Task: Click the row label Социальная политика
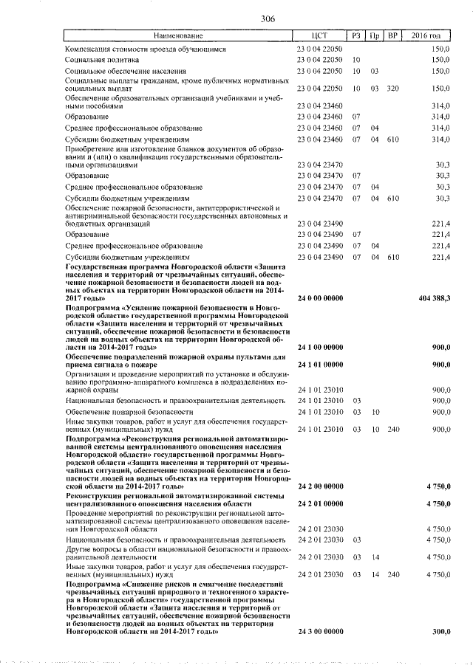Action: (x=101, y=59)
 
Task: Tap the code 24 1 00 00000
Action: (x=319, y=346)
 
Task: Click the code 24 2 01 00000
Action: (x=319, y=504)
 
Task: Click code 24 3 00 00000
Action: (x=319, y=633)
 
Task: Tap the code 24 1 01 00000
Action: (x=319, y=365)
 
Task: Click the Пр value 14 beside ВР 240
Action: (x=375, y=574)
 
